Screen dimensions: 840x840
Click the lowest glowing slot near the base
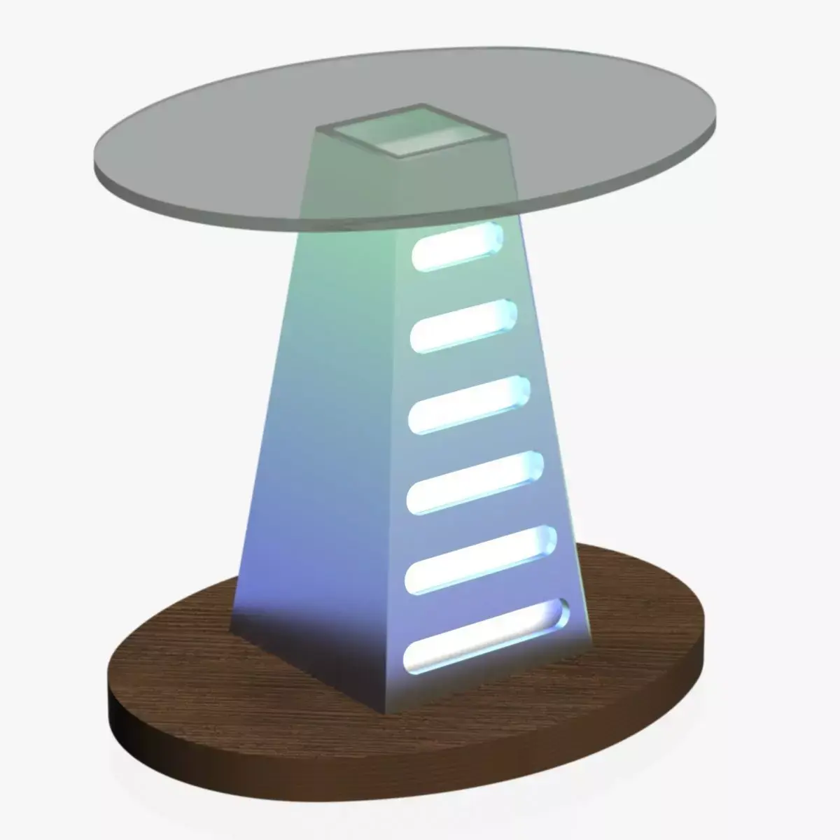tap(486, 633)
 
